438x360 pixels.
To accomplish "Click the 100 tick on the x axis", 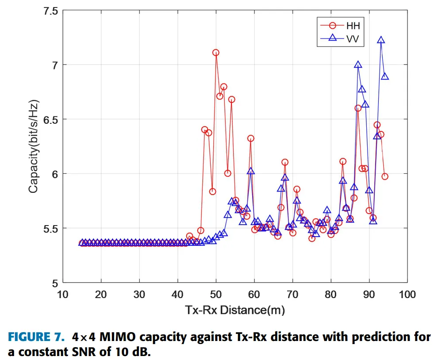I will point(407,295).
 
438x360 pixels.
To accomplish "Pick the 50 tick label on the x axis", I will point(216,295).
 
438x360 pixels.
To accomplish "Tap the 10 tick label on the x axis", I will point(63,295).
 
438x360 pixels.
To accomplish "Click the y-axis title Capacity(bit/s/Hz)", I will point(34,147).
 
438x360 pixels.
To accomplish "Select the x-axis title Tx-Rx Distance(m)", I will point(235,310).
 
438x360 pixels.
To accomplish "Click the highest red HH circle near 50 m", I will point(216,53).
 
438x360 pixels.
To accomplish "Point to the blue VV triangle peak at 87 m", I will point(358,65).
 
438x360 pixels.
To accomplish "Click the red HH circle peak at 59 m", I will point(251,138).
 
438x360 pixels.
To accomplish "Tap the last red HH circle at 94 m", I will point(385,176).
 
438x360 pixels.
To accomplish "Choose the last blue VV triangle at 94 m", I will point(385,77).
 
